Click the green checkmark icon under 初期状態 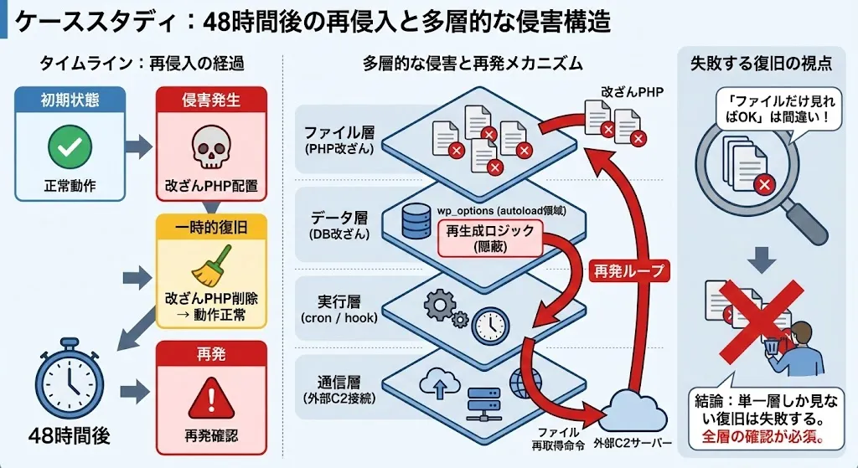pos(69,149)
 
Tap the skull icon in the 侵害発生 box pos(210,147)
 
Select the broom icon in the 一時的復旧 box pos(210,269)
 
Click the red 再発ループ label pos(628,270)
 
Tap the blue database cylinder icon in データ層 pos(413,220)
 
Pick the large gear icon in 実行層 pos(441,306)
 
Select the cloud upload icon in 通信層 pos(440,383)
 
